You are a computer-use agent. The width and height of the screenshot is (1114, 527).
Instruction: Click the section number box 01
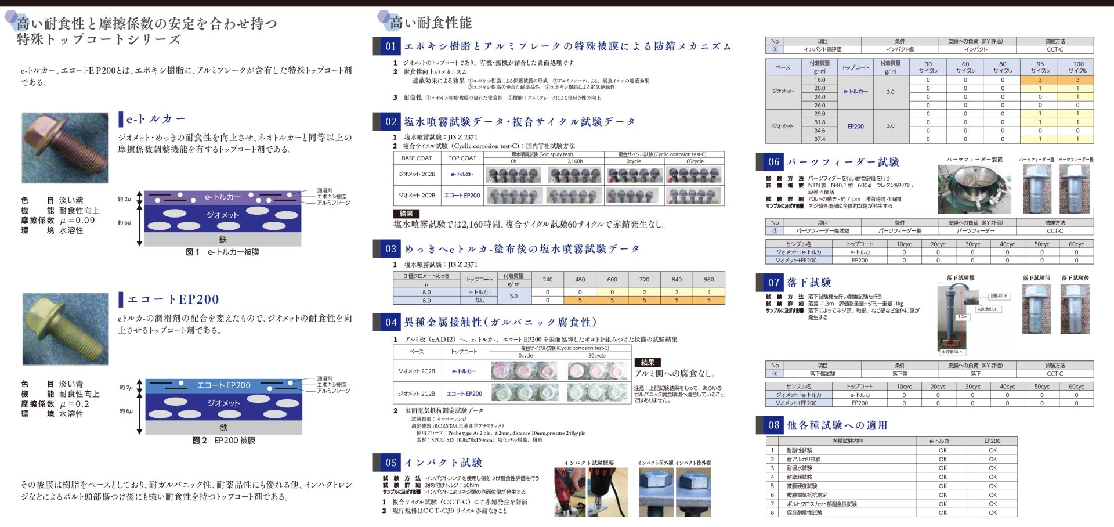click(390, 46)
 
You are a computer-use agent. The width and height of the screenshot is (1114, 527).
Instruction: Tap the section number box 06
click(773, 162)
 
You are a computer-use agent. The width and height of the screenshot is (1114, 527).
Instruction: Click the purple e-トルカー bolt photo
click(65, 148)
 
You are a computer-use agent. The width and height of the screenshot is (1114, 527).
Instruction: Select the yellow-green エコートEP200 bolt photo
click(65, 329)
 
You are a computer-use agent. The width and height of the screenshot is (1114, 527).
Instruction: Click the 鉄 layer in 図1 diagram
click(223, 239)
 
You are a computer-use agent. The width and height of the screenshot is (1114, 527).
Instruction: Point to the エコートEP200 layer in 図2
click(223, 385)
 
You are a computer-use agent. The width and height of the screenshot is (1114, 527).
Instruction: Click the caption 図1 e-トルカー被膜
click(222, 252)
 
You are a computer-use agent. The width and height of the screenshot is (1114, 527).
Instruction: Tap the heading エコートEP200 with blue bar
click(173, 299)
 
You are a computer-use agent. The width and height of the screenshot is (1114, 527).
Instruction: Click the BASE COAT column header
click(417, 158)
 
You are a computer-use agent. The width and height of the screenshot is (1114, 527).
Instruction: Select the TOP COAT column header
click(462, 158)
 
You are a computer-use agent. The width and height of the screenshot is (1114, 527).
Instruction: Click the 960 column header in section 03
click(708, 279)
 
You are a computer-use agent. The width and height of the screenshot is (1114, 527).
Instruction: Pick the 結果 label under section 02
click(406, 214)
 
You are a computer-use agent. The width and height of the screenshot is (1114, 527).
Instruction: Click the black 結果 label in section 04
click(648, 362)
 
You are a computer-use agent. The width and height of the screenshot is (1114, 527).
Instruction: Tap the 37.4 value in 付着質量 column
click(819, 139)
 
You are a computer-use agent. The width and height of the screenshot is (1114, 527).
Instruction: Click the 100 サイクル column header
click(1077, 67)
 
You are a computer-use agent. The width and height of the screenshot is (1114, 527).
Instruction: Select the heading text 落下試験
click(809, 283)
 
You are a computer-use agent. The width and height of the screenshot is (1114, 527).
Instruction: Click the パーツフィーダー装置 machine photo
click(974, 189)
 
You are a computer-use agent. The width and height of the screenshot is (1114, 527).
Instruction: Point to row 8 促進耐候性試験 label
click(804, 513)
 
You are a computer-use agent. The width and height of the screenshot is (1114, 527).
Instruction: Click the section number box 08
click(773, 425)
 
